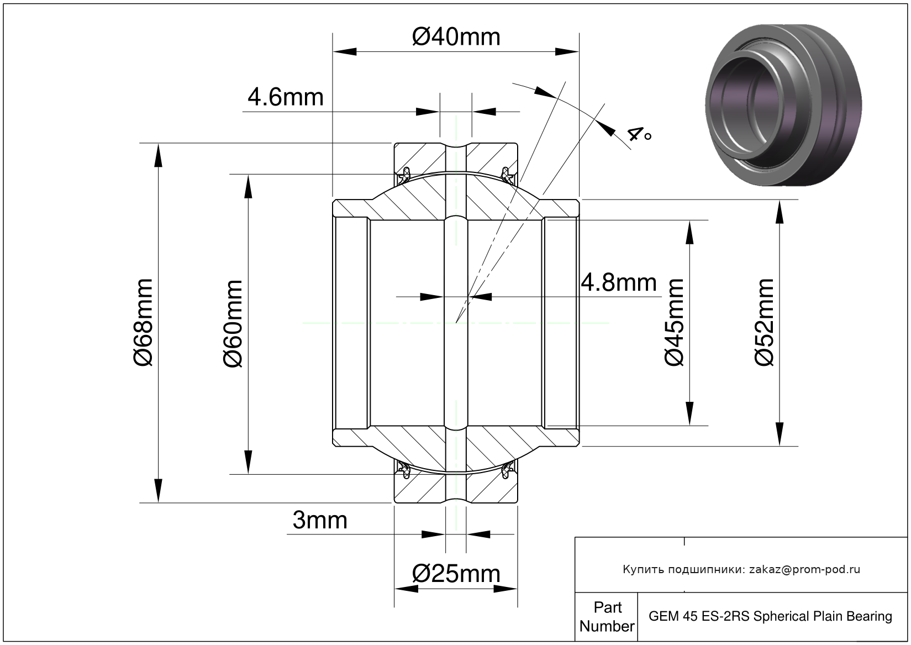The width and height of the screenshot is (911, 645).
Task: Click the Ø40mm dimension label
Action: pos(456,37)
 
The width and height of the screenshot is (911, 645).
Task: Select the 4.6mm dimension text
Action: pos(285,97)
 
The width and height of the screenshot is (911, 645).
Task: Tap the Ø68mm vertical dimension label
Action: pos(143,323)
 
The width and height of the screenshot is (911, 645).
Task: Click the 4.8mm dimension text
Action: pos(619,283)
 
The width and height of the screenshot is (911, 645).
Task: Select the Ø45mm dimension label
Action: pos(675,323)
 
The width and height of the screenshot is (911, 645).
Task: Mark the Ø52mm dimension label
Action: pos(765,323)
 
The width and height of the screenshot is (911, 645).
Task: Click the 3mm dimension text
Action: pos(320,520)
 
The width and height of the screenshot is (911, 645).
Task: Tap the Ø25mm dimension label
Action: pos(456,574)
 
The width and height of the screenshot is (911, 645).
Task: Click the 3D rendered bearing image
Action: pos(783,105)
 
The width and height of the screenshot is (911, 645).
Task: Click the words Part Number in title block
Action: pos(607,617)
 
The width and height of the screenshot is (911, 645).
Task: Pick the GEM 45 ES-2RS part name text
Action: pos(770,616)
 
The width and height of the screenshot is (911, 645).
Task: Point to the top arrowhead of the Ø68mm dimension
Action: pos(159,154)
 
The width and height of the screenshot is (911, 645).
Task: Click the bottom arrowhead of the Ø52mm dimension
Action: pos(779,434)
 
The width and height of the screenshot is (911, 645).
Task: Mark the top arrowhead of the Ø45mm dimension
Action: pos(689,232)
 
